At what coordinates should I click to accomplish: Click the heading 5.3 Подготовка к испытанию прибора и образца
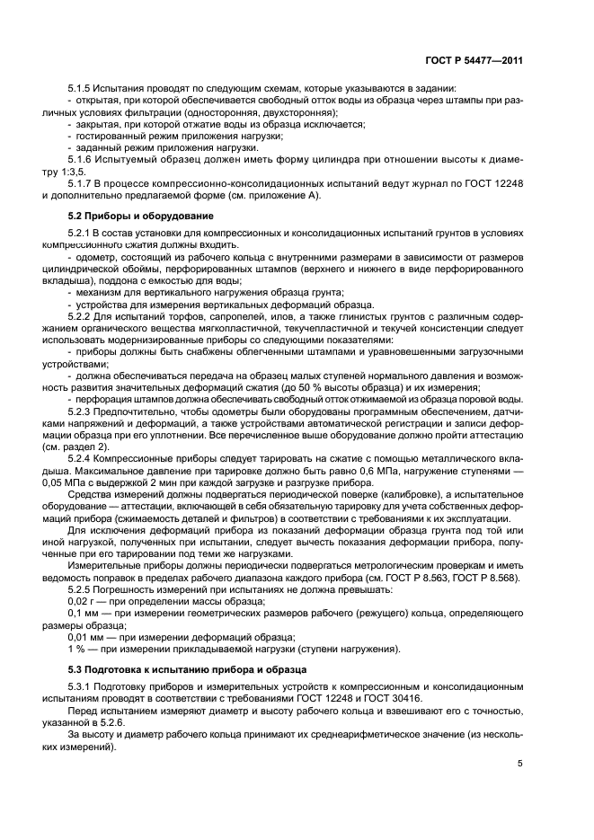point(166,670)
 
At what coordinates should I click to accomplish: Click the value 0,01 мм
point(84,636)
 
